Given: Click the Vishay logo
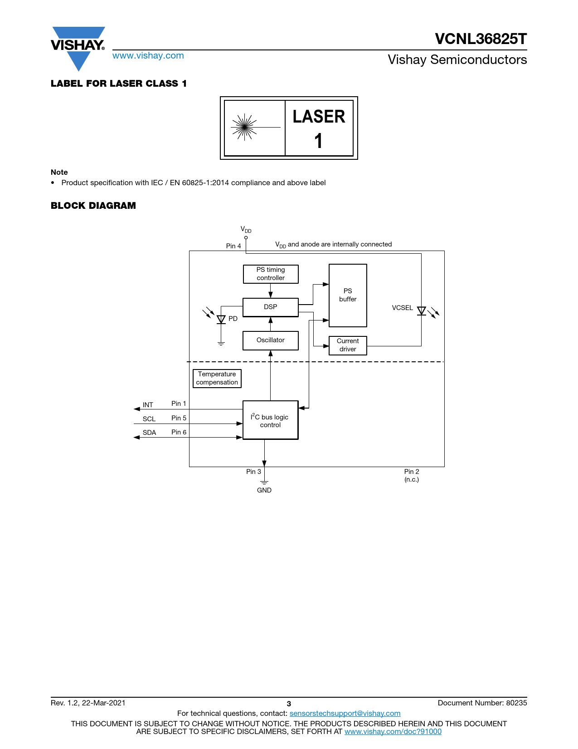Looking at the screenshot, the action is [78, 48].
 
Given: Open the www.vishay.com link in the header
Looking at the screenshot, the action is [148, 55].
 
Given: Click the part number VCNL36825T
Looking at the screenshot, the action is [481, 39].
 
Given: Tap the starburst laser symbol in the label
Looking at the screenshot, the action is [244, 127].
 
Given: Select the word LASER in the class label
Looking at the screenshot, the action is [319, 117].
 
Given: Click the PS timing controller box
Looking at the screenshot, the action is [271, 274].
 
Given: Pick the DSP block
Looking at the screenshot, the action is [271, 307].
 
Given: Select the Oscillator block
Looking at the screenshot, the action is [271, 340].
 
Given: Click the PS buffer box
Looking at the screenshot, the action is [348, 296].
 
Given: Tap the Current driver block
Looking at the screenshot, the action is [348, 345].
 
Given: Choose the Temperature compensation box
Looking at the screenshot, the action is [217, 379].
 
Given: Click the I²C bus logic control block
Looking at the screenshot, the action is [271, 420].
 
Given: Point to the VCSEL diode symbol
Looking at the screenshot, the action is [421, 311].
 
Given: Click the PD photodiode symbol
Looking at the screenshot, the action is [221, 319].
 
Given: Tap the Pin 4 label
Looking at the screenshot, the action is [233, 246].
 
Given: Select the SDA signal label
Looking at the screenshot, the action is [150, 433].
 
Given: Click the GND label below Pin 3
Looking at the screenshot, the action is [264, 490].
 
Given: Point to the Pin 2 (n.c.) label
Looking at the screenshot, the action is [412, 475].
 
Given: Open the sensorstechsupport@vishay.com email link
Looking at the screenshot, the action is [345, 713].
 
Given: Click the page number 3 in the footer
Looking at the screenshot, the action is [289, 704].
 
